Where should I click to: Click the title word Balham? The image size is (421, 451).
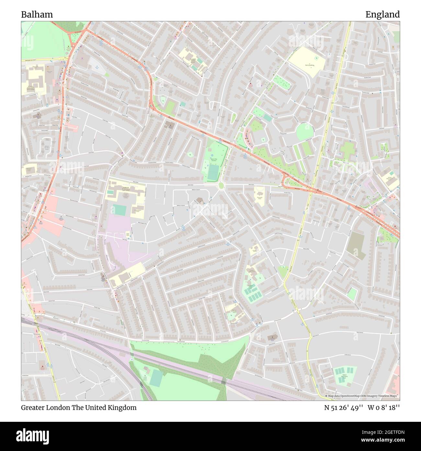pyautogui.click(x=37, y=15)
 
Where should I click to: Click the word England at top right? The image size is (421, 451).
pyautogui.click(x=382, y=15)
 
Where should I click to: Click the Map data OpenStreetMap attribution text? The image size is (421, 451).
pyautogui.click(x=362, y=396)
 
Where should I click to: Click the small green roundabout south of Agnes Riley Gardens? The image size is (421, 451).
pyautogui.click(x=221, y=185)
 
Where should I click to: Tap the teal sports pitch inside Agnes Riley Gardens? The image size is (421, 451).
pyautogui.click(x=213, y=172)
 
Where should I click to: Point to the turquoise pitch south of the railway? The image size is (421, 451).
pyautogui.click(x=156, y=378)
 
